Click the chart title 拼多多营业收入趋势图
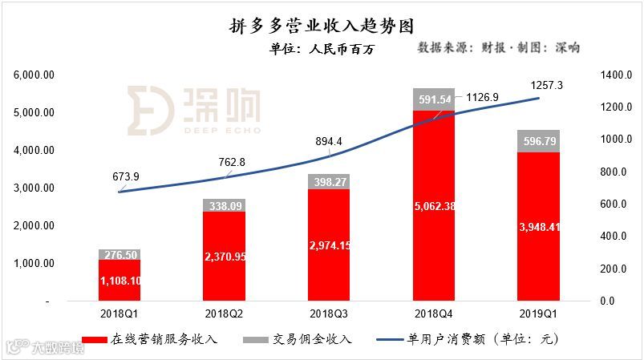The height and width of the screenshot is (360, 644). pos(321,26)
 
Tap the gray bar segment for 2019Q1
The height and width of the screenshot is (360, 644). pos(539,140)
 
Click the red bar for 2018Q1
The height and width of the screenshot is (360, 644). pos(119,280)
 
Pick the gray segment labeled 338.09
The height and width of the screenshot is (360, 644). pos(224,205)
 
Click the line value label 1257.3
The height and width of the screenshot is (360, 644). pos(547,84)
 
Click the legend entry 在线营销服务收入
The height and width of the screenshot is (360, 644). pos(160,339)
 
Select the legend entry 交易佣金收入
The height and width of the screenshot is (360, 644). pos(313,339)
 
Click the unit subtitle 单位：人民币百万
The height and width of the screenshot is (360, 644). pos(322,49)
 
